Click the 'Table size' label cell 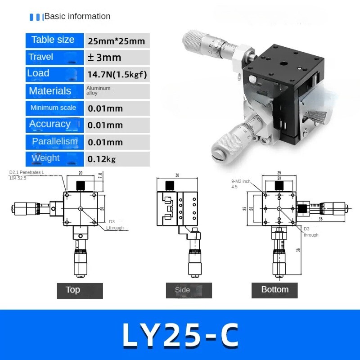pyautogui.click(x=54, y=40)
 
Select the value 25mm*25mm pyautogui.click(x=117, y=41)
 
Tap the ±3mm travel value pyautogui.click(x=104, y=58)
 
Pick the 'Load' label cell pyautogui.click(x=54, y=73)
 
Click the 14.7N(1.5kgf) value pyautogui.click(x=117, y=74)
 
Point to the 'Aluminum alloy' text pyautogui.click(x=98, y=90)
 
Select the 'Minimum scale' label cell pyautogui.click(x=54, y=108)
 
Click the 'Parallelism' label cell pyautogui.click(x=54, y=141)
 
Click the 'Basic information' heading pyautogui.click(x=77, y=17)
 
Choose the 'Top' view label pyautogui.click(x=80, y=290)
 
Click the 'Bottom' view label pyautogui.click(x=274, y=290)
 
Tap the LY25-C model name pyautogui.click(x=180, y=335)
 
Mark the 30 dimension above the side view pyautogui.click(x=177, y=175)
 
